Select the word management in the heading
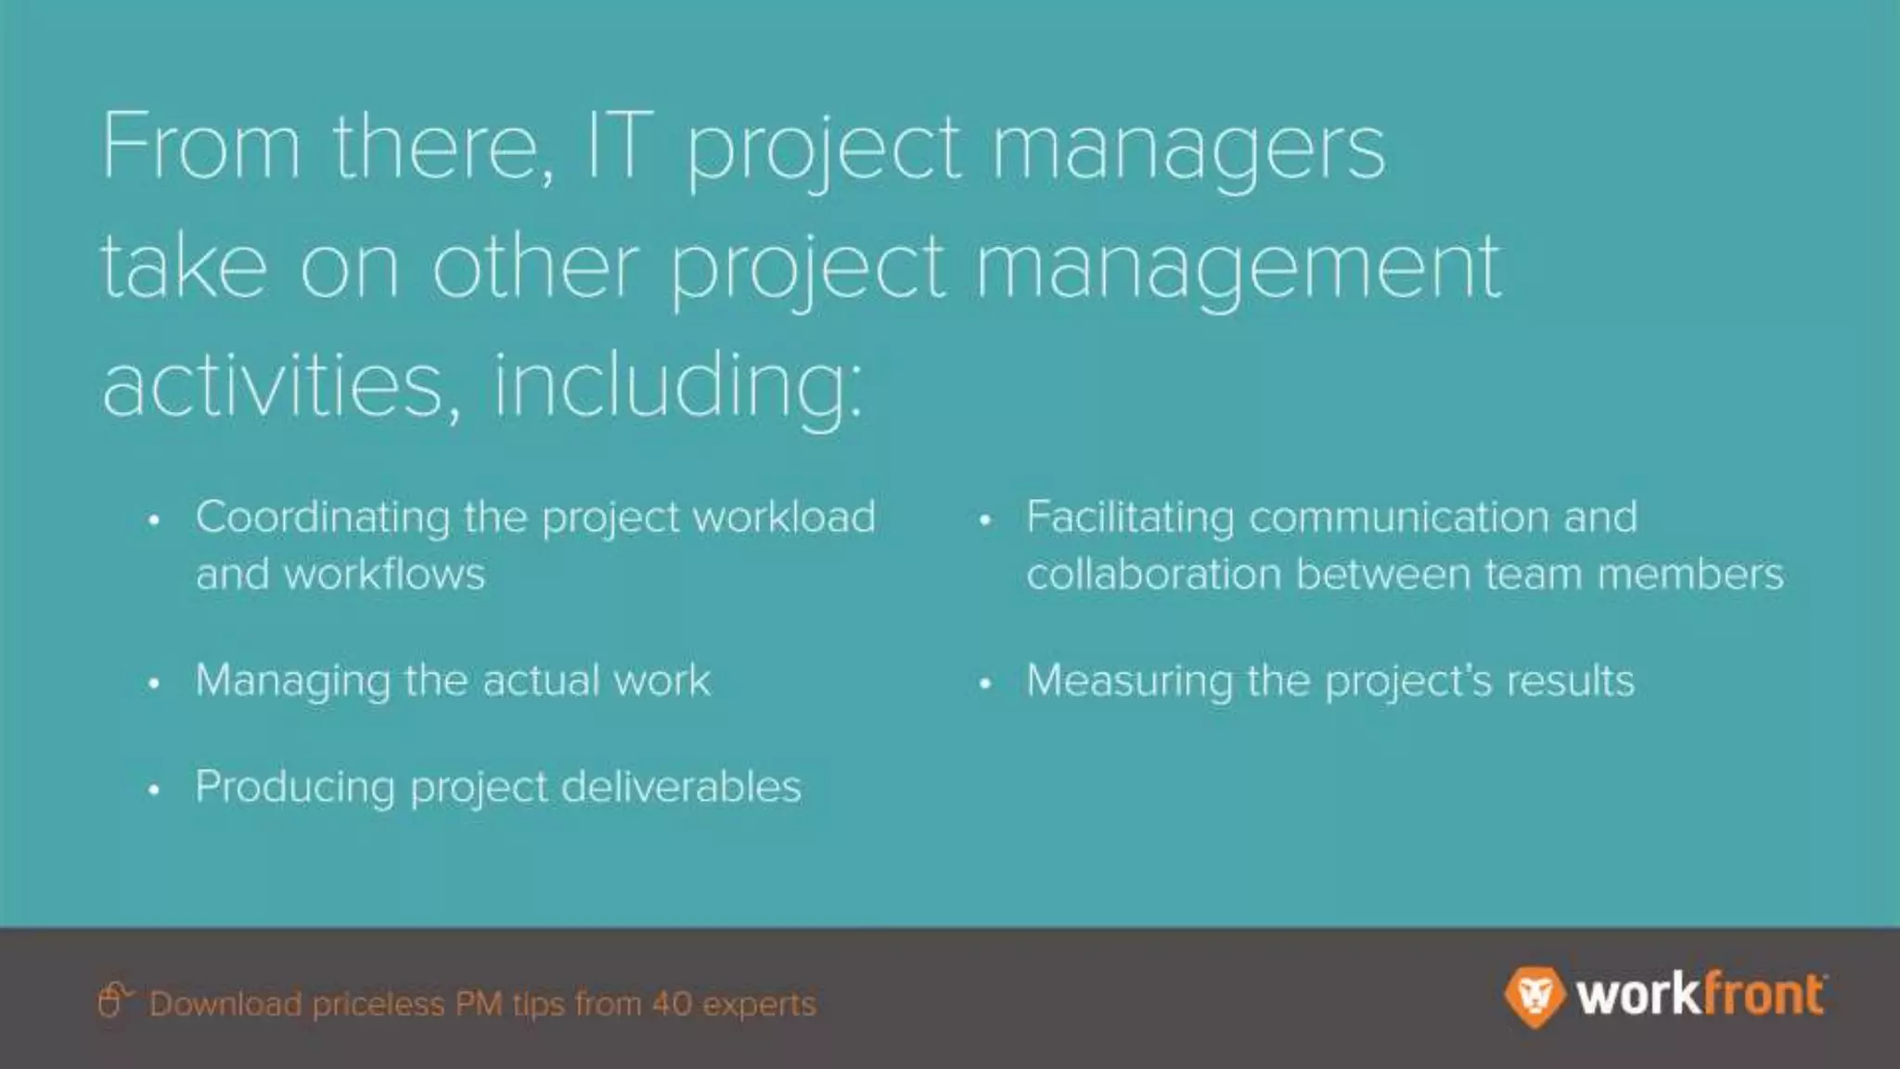[x=1239, y=269]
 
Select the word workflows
[x=384, y=574]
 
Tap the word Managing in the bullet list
[x=291, y=682]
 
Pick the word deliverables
[x=681, y=787]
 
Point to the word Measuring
[x=1128, y=682]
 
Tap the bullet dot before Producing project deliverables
[x=154, y=790]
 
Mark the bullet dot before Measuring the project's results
[x=985, y=684]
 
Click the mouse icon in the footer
[x=111, y=1000]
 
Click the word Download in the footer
[x=225, y=1004]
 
